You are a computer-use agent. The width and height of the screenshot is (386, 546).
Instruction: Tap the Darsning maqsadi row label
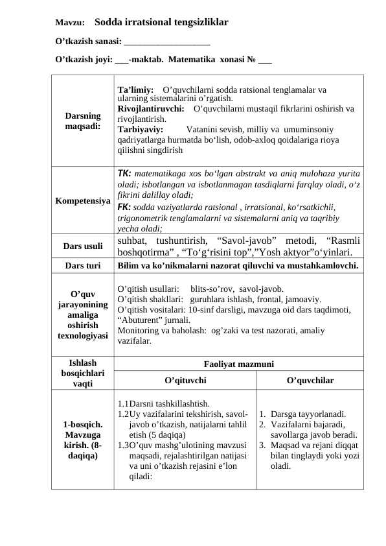(82, 120)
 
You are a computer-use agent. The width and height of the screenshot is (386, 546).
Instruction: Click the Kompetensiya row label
(82, 201)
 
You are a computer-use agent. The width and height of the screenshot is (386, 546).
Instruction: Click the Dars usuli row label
(82, 246)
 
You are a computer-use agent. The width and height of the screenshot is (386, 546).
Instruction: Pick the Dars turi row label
(82, 265)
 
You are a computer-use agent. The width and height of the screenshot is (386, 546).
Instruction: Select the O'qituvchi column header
(185, 380)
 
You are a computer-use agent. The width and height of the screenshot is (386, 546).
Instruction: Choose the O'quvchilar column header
(310, 380)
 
